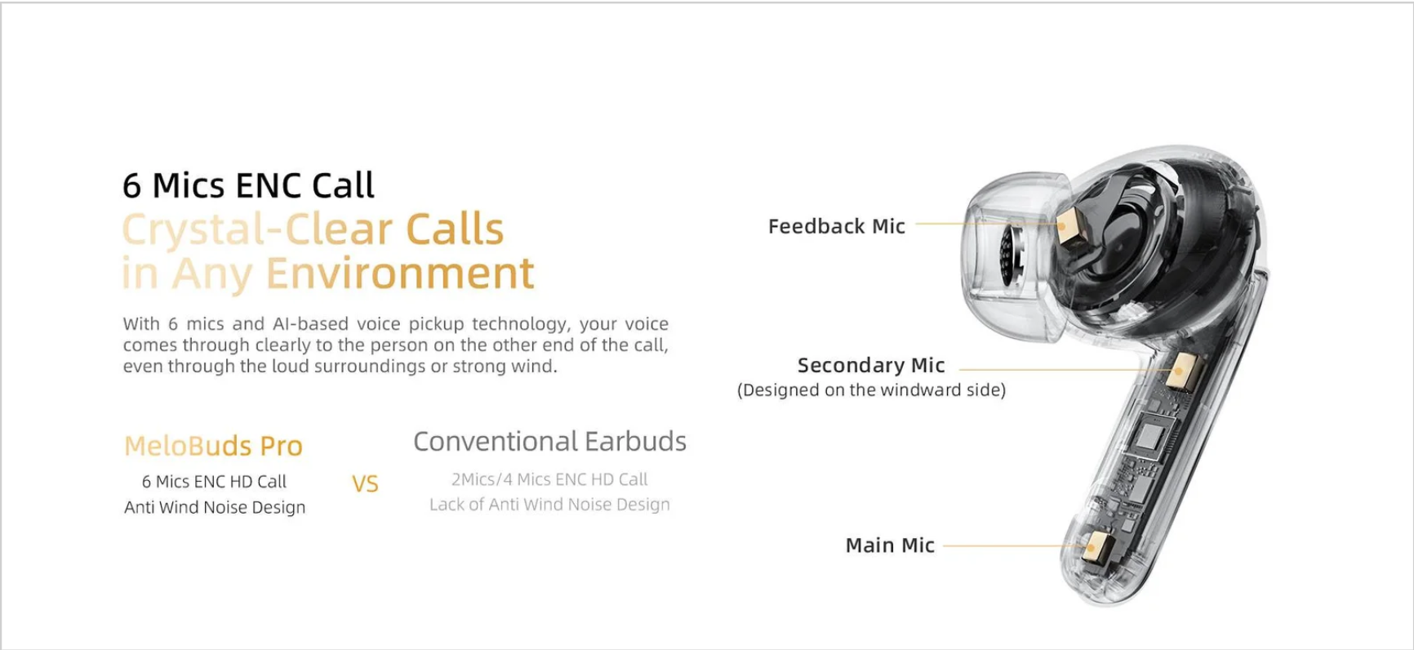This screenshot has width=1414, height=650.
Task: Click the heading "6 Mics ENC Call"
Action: tap(248, 186)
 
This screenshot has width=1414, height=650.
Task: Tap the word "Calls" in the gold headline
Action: tap(455, 229)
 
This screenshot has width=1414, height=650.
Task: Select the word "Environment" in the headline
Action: tap(400, 273)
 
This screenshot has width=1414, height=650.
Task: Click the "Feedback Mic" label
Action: tap(837, 226)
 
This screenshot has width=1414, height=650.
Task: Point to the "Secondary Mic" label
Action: tap(871, 365)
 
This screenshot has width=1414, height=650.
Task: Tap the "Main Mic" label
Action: tap(890, 545)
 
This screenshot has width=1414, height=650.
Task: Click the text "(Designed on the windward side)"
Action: tap(871, 390)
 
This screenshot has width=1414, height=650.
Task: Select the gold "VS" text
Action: tap(365, 484)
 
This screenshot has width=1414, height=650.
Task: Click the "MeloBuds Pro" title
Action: tap(213, 446)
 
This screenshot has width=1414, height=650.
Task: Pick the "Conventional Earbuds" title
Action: tap(549, 442)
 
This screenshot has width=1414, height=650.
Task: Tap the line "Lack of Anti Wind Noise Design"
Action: tap(549, 505)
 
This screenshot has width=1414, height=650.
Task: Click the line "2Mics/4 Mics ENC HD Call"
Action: tap(549, 479)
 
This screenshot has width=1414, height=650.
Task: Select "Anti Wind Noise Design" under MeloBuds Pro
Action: tap(215, 507)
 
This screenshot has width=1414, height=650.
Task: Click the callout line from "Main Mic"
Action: tap(1013, 545)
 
